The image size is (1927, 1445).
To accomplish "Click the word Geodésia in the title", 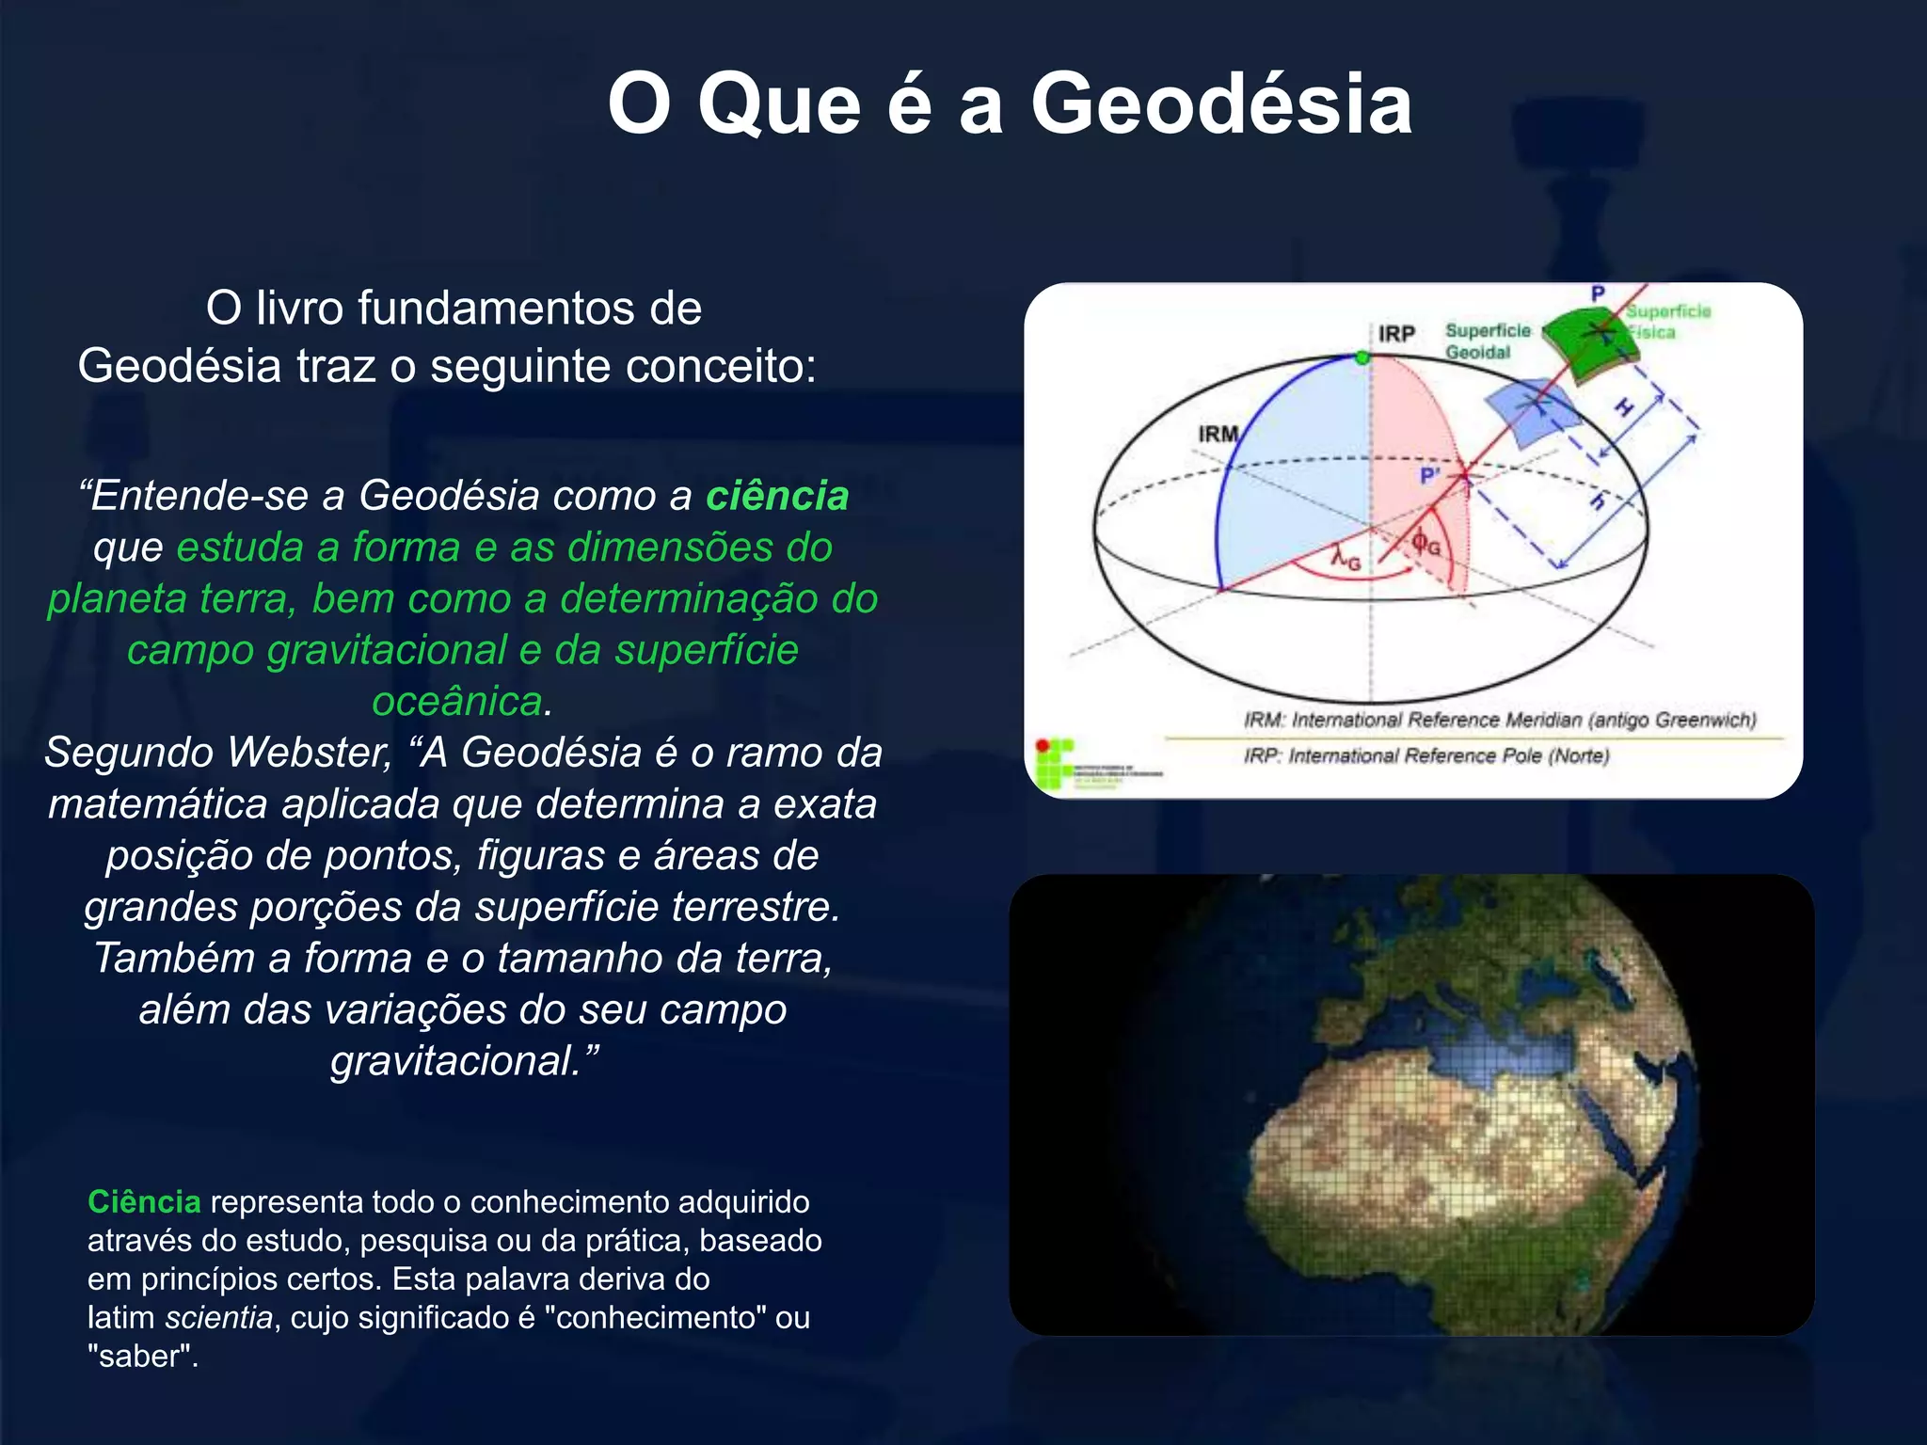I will [x=1220, y=103].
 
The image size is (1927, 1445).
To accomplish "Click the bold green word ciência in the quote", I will [x=777, y=496].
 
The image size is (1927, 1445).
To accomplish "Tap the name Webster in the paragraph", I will [x=310, y=753].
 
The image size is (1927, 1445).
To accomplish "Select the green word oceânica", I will [x=457, y=702].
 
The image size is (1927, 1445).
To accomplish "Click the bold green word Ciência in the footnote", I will [x=144, y=1202].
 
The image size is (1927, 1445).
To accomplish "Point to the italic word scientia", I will [x=218, y=1318].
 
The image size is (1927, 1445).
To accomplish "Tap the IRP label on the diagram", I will [x=1396, y=334].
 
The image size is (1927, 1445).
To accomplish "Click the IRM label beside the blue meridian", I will [x=1218, y=434].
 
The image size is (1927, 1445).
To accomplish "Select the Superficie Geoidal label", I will [x=1487, y=341].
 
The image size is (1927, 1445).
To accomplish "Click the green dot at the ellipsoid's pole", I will [x=1362, y=357].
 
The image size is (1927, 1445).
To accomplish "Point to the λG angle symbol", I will [x=1346, y=560].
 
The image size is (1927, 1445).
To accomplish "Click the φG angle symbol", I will [x=1425, y=543].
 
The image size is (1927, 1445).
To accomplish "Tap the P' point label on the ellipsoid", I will [x=1429, y=476].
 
